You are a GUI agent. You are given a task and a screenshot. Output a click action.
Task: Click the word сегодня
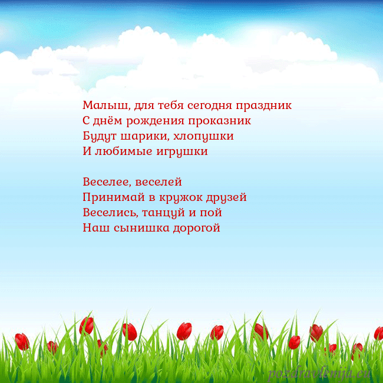click(209, 106)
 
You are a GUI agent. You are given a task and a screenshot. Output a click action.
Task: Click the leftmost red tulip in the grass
click(22, 341)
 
